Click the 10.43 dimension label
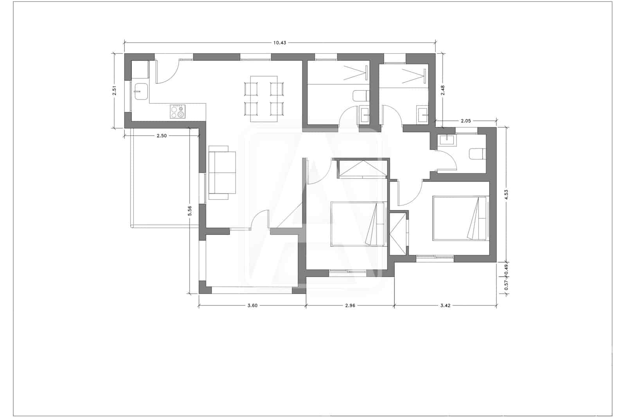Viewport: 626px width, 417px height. point(279,43)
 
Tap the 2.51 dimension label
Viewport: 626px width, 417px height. point(114,91)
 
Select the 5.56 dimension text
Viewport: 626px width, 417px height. point(190,211)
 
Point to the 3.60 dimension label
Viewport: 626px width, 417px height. point(252,306)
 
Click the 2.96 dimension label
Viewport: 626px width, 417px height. point(350,306)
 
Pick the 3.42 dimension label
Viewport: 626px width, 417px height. point(445,306)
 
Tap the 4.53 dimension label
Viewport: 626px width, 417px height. point(506,194)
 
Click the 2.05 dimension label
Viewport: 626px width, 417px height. point(466,121)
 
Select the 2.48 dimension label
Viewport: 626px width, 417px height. point(443,91)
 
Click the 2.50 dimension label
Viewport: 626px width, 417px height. point(162,136)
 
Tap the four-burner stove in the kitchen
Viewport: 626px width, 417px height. point(177,111)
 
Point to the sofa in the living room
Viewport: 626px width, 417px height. point(222,173)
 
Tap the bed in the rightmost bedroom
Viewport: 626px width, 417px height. point(460,218)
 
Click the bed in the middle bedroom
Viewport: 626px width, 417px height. point(358,224)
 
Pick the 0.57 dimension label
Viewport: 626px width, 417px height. point(506,285)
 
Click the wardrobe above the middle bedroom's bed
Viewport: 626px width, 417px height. point(362,169)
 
